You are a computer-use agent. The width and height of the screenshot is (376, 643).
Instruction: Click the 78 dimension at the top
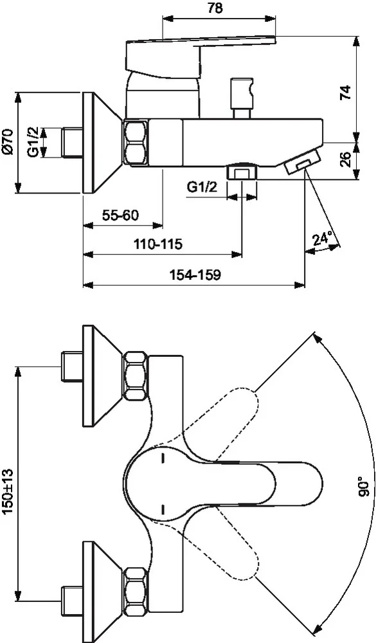(216, 8)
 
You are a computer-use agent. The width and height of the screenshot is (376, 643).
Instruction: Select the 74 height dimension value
(345, 91)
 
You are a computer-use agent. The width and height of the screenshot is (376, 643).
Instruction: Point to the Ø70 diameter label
(8, 143)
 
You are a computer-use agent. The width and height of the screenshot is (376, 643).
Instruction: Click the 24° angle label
(322, 239)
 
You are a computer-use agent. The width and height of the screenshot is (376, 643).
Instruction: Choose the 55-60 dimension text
(121, 215)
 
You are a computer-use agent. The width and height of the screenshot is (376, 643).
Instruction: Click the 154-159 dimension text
(195, 275)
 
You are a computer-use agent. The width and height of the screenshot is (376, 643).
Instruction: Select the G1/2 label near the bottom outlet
(202, 187)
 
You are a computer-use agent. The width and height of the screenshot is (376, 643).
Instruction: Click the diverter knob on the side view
(242, 91)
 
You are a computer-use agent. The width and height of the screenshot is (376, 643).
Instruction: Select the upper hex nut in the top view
(136, 376)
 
